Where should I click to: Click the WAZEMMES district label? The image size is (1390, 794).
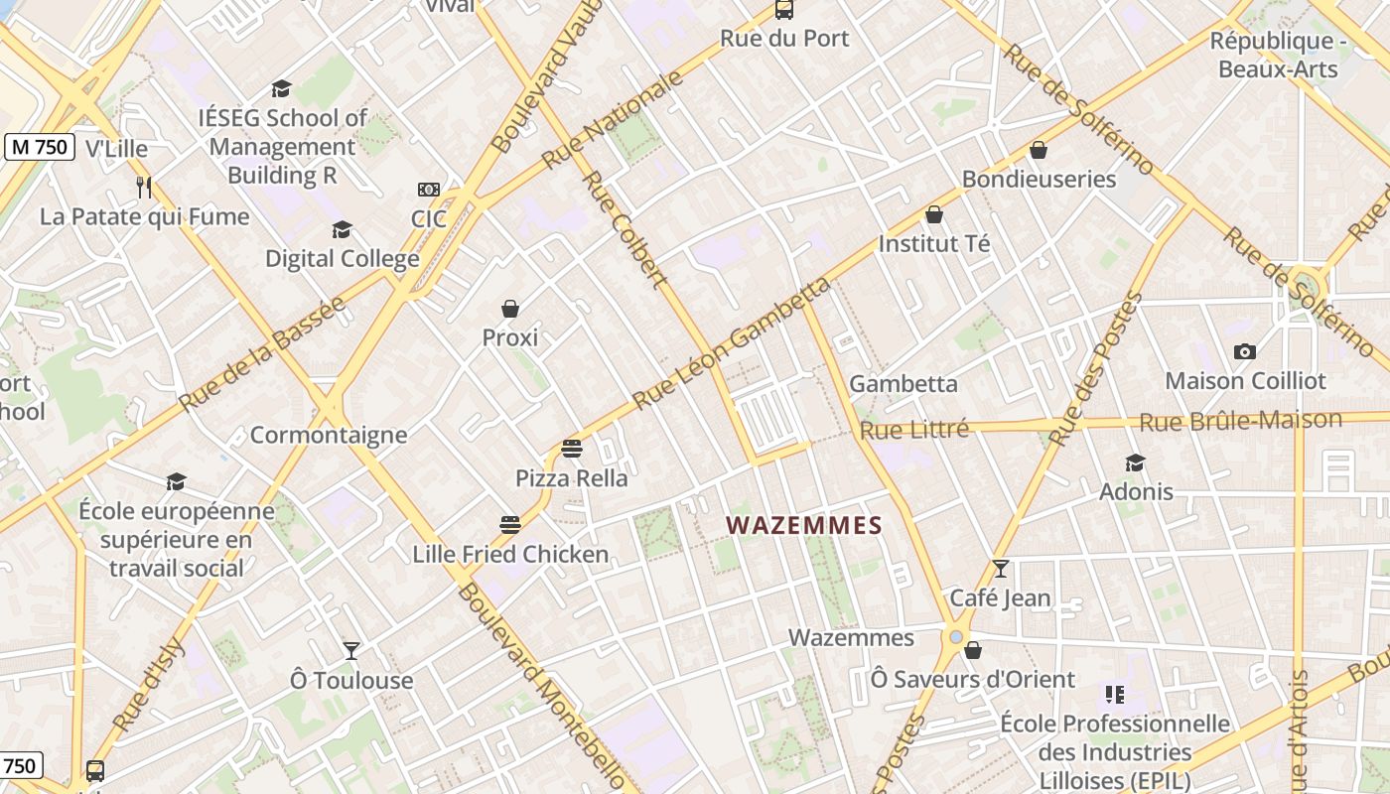[804, 525]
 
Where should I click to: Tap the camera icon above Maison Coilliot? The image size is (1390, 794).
[1244, 351]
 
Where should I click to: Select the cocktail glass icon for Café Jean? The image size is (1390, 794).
[1000, 569]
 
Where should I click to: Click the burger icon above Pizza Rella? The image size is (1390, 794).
[571, 449]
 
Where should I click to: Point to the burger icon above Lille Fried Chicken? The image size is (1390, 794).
[510, 524]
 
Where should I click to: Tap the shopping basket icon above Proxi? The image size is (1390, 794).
[510, 309]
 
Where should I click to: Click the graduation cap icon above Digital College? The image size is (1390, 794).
[342, 230]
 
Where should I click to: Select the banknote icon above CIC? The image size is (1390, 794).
[429, 190]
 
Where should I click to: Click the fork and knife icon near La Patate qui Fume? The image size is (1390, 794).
[144, 187]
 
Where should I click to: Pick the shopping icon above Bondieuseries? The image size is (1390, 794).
[1039, 150]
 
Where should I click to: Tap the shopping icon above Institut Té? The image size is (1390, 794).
[934, 214]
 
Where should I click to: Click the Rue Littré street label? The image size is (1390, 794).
[913, 431]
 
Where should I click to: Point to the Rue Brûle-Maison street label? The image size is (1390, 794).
[1240, 421]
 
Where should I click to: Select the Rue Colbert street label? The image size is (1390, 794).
[624, 229]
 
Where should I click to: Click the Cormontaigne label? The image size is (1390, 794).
[329, 435]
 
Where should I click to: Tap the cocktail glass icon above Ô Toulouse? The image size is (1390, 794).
[351, 651]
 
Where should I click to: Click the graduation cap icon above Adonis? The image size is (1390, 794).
[1136, 463]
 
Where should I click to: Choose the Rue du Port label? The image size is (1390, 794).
[784, 39]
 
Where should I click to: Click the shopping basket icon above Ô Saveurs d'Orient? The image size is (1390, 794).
[973, 650]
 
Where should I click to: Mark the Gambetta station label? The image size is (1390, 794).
[903, 384]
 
